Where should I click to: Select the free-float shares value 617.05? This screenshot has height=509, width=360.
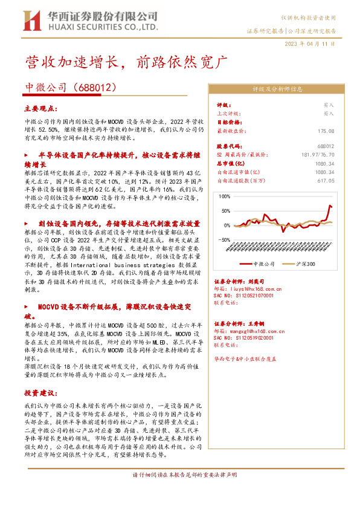(x=326, y=180)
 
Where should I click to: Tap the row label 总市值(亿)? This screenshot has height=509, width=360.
(x=230, y=163)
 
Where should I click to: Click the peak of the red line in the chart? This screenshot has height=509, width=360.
(x=330, y=206)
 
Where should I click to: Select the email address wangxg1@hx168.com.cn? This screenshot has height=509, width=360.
(x=252, y=331)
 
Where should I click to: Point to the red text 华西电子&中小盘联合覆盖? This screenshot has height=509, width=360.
(x=245, y=358)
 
